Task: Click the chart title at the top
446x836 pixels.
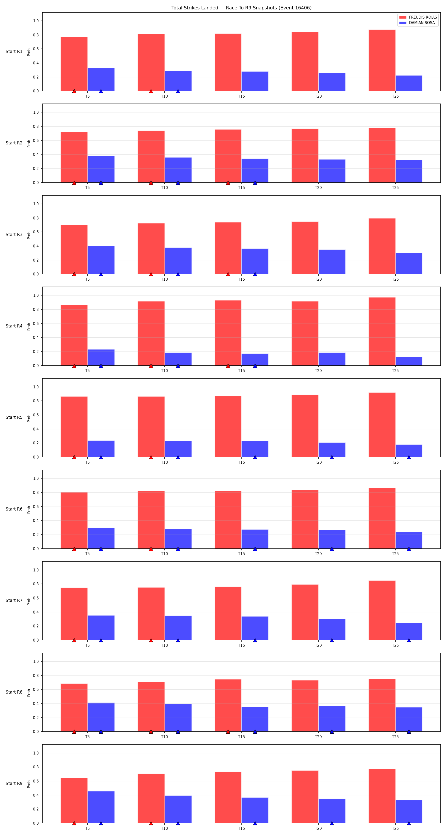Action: coord(241,8)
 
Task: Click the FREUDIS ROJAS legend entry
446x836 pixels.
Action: coord(418,17)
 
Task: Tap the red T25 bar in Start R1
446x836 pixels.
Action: coord(382,60)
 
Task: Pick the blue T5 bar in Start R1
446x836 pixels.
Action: coord(101,80)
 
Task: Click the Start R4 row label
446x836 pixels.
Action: coord(14,326)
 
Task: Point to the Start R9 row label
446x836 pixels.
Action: coord(14,783)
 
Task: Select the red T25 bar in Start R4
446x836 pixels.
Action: coord(382,331)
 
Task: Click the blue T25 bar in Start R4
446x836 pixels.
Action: coord(409,361)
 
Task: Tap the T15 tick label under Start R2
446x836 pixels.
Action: coord(241,188)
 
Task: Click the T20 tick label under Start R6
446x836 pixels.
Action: coord(318,554)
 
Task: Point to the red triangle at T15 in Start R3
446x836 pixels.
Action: coord(228,274)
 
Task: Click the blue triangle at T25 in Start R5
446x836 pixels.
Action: coord(409,457)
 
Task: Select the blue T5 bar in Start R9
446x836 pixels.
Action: coord(101,807)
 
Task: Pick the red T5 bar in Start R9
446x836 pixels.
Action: coord(74,800)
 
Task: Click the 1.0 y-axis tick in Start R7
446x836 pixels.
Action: coord(36,570)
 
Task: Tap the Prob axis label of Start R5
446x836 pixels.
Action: coord(29,418)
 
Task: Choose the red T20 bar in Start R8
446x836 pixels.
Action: coord(305,706)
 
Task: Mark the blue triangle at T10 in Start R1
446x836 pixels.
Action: coord(178,91)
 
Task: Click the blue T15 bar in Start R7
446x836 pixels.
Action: coord(255,628)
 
